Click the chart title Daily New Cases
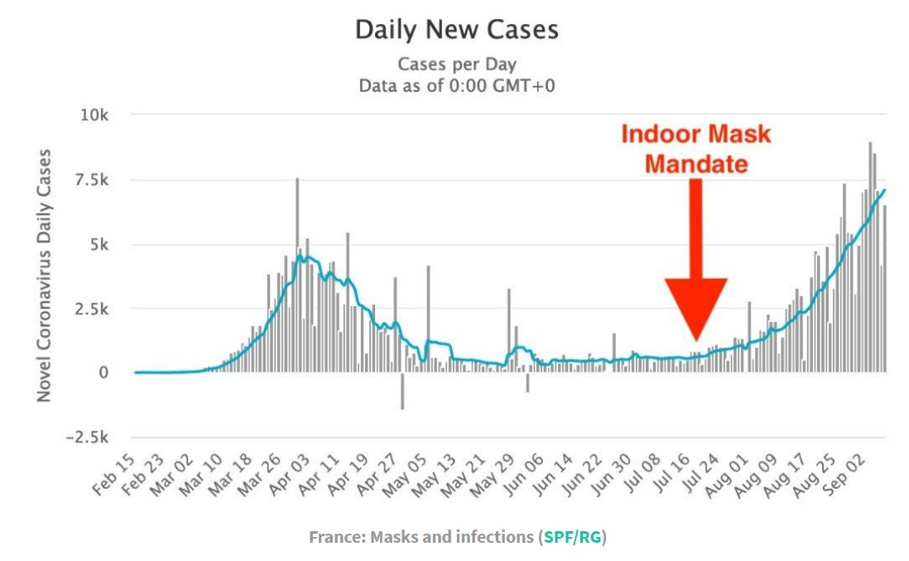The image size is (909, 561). (x=456, y=31)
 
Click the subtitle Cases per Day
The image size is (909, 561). (x=456, y=65)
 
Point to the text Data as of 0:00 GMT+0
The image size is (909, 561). (x=456, y=85)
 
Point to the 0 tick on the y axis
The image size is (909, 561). (x=103, y=373)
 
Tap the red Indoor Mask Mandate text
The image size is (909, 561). (x=695, y=149)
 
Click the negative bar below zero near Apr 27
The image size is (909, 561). (x=402, y=391)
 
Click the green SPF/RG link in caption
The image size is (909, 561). (x=573, y=537)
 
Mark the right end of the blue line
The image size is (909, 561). (x=885, y=190)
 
